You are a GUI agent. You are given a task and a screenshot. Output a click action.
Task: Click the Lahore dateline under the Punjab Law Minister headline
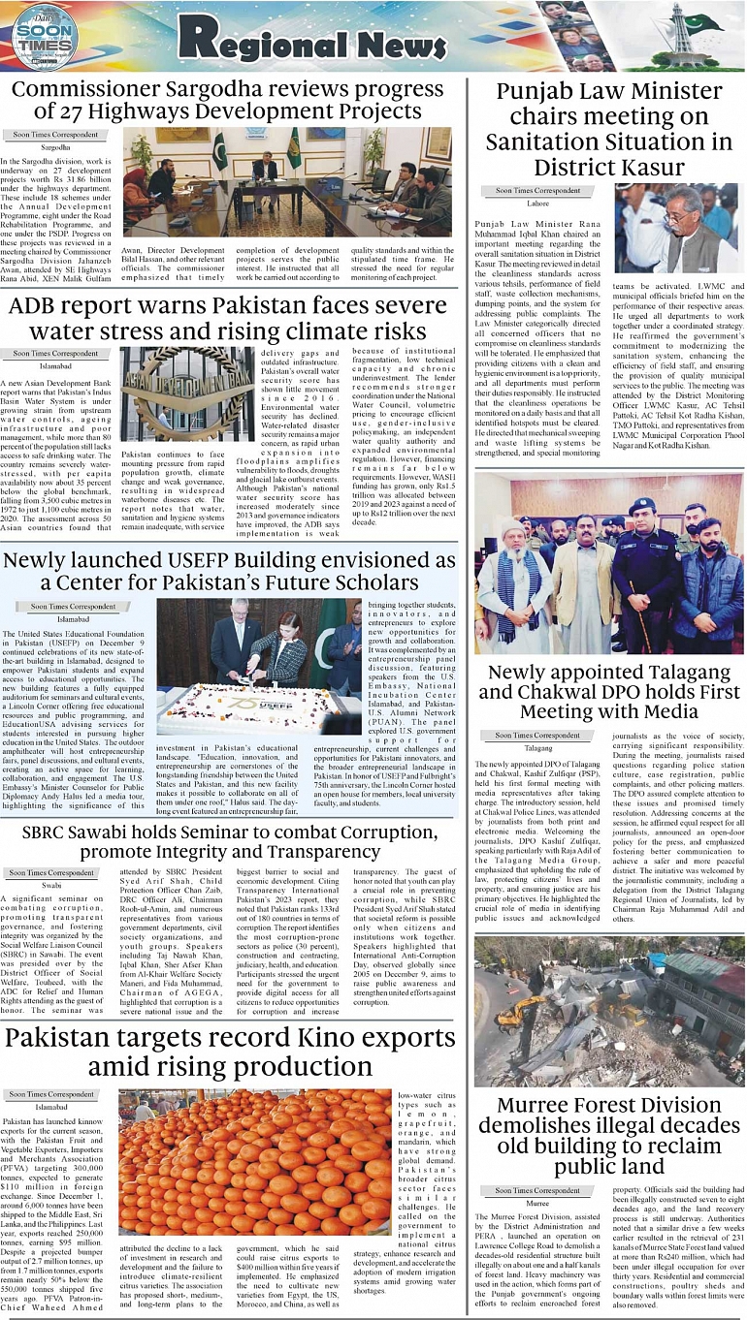[x=537, y=204]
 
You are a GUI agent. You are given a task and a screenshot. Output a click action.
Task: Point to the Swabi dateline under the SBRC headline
[x=51, y=886]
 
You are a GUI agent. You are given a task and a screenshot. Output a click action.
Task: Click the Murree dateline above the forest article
[x=537, y=1203]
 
